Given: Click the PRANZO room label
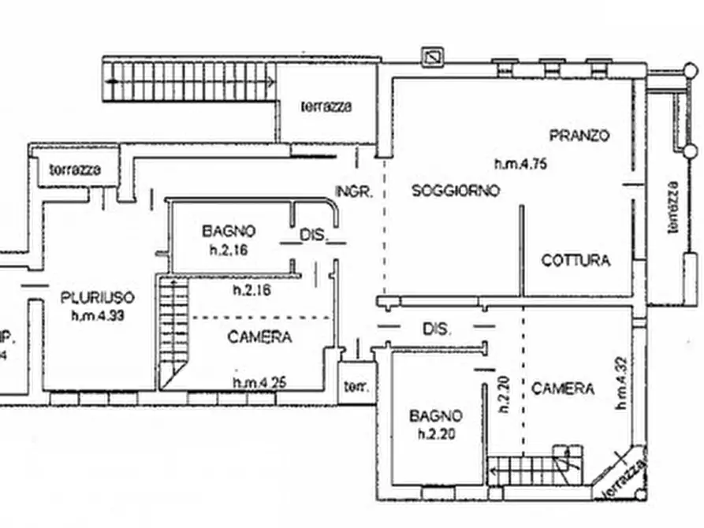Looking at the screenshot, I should pyautogui.click(x=579, y=135).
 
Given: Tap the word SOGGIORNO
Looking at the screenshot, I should pyautogui.click(x=456, y=191).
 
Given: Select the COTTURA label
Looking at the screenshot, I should pyautogui.click(x=575, y=260).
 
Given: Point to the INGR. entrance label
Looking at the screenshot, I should pyautogui.click(x=353, y=191).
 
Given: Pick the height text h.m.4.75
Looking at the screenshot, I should pyautogui.click(x=520, y=165).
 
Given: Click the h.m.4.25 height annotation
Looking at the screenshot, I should pyautogui.click(x=259, y=383).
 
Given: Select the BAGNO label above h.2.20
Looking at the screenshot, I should pyautogui.click(x=435, y=415).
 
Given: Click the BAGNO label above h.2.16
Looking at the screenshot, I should pyautogui.click(x=229, y=231).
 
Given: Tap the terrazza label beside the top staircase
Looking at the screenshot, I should pyautogui.click(x=326, y=107).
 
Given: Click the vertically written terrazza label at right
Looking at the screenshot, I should pyautogui.click(x=672, y=206).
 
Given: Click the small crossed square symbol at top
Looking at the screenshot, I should pyautogui.click(x=432, y=57).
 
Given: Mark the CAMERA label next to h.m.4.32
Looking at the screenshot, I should pyautogui.click(x=562, y=389).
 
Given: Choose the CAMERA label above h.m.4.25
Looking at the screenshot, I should pyautogui.click(x=259, y=337).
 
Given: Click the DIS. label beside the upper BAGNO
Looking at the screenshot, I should pyautogui.click(x=312, y=234).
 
